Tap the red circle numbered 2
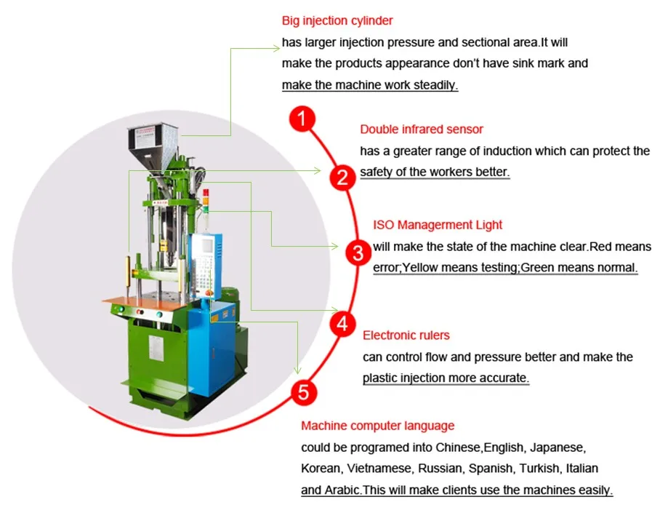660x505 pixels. tap(341, 177)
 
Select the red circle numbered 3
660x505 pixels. tap(357, 253)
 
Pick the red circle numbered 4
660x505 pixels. tap(342, 325)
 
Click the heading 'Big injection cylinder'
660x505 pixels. tap(337, 21)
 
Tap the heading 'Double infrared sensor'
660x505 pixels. tap(422, 130)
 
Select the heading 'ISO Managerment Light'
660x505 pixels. tap(438, 226)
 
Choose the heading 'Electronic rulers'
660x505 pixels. tap(406, 335)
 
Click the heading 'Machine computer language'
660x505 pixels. tap(377, 426)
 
